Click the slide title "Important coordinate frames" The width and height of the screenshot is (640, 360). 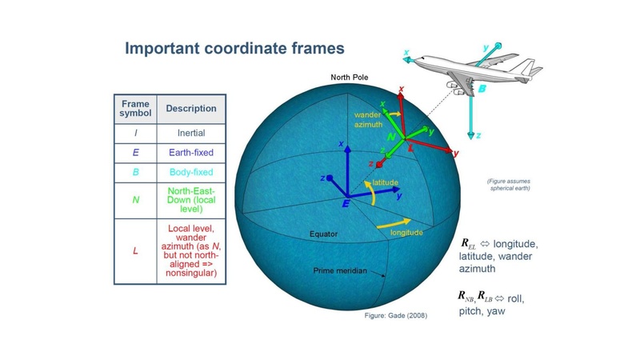coord(234,48)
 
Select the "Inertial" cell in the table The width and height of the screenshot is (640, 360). coord(191,133)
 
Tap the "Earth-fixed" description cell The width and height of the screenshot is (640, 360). coord(191,153)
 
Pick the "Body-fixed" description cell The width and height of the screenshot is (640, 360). coord(191,172)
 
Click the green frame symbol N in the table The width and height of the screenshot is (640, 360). coord(135,200)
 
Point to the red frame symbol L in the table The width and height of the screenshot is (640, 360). coord(135,250)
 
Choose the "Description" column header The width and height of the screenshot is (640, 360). coord(191,109)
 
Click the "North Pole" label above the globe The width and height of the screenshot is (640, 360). coord(350,77)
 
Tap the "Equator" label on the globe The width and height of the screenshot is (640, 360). coord(324,234)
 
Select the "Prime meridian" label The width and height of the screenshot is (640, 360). coord(340,270)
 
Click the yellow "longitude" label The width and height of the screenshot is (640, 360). coord(406,233)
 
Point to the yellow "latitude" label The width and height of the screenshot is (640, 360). coord(386,182)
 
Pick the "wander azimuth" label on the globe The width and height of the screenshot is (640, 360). coord(368,119)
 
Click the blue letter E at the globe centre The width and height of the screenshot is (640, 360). coord(346,204)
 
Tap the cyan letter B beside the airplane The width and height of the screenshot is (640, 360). coord(482,89)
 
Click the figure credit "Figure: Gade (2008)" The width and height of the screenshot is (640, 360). coord(396,315)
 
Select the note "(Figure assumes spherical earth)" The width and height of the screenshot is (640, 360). coord(509,185)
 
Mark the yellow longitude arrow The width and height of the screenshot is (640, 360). coord(394,224)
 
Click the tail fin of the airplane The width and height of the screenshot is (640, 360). coord(528,67)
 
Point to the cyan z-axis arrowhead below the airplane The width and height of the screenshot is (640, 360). coord(471,135)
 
